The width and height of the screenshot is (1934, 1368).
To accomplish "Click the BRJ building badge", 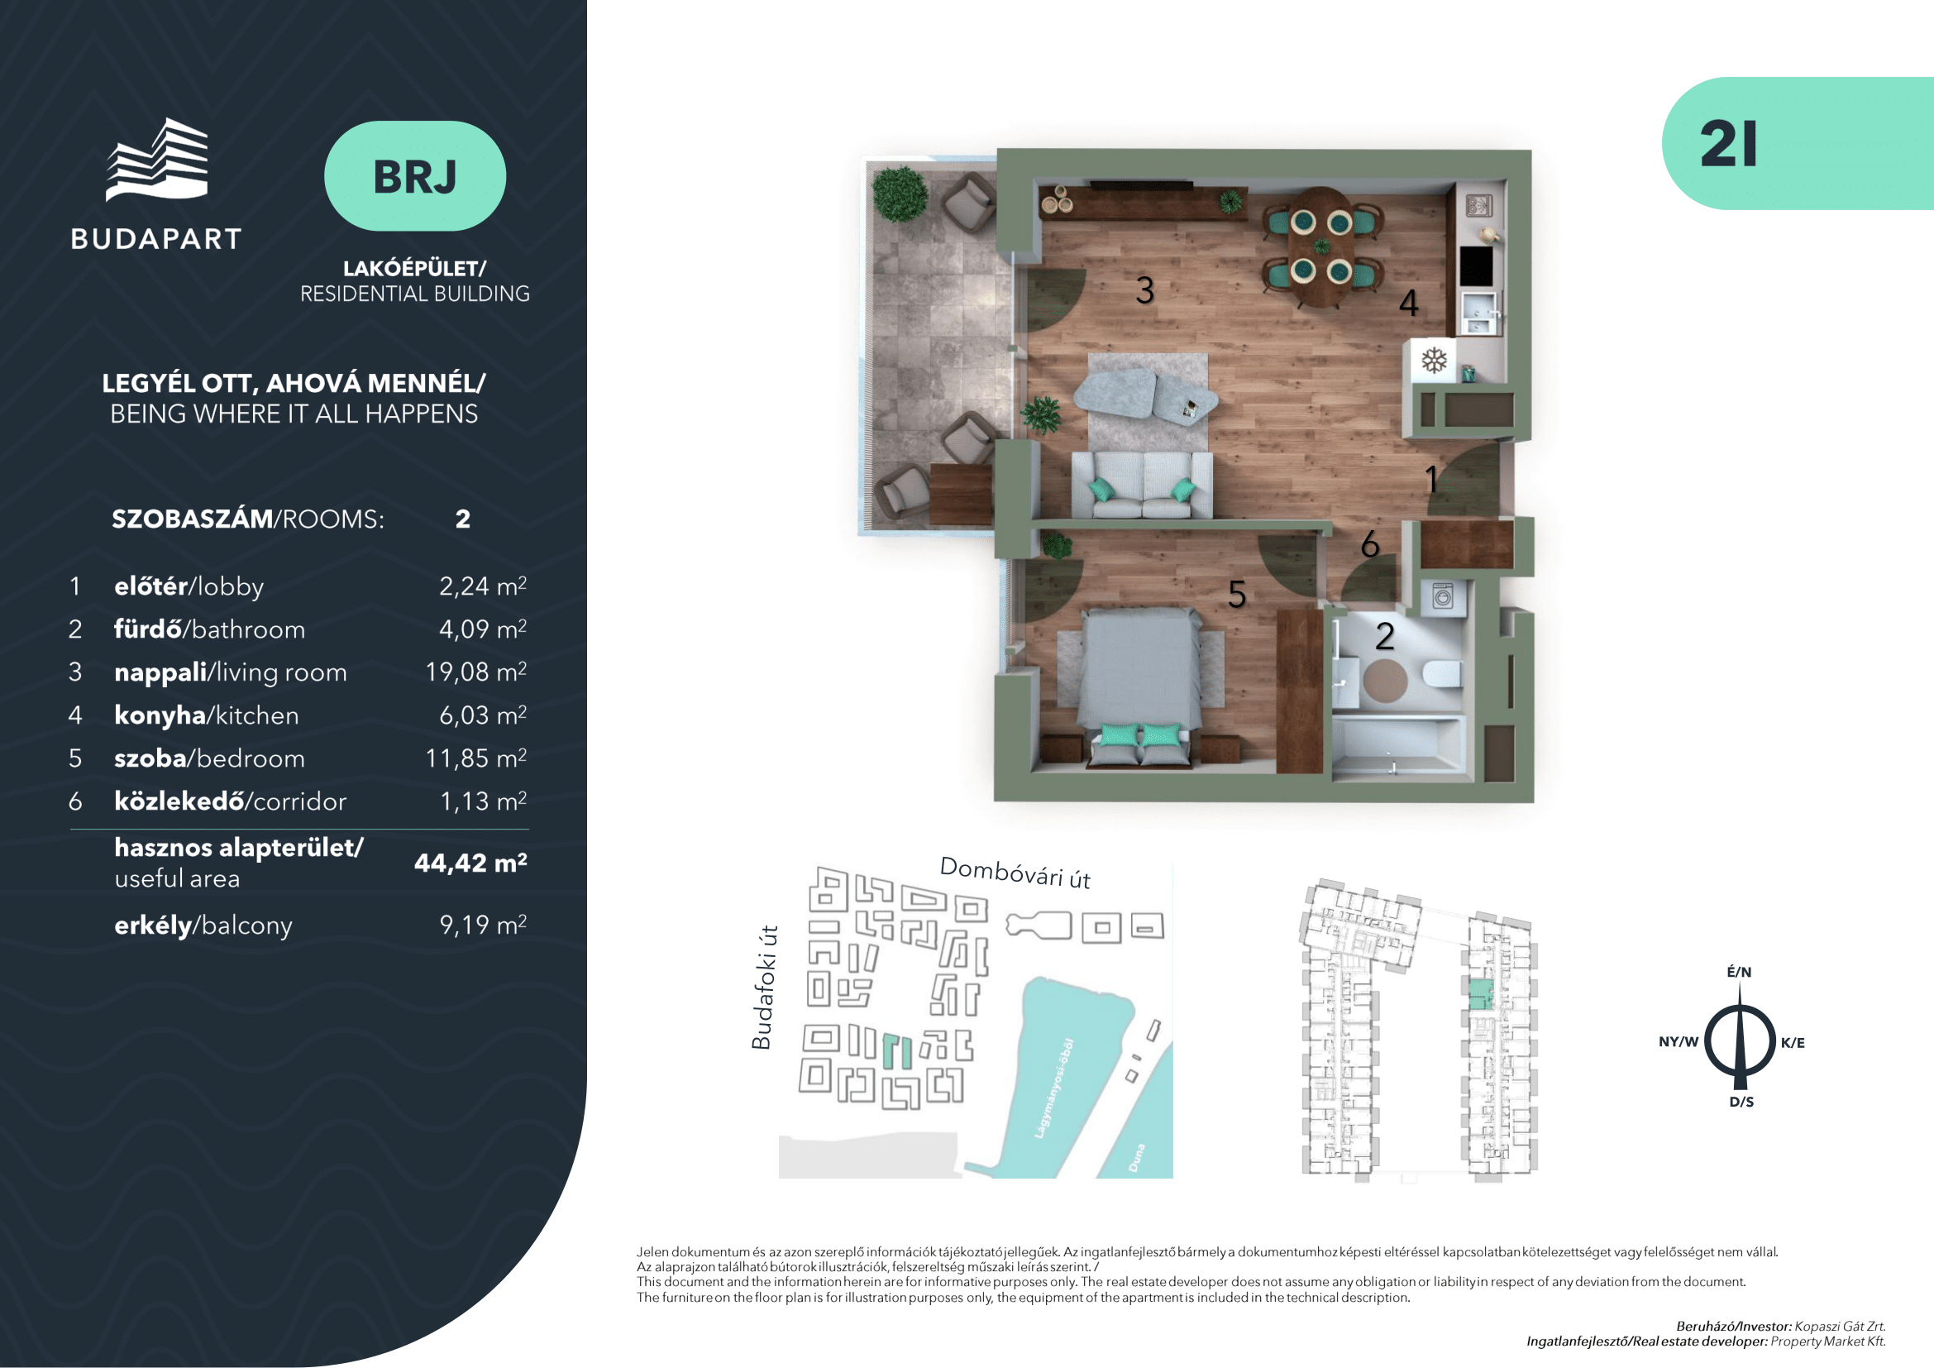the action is point(414,176).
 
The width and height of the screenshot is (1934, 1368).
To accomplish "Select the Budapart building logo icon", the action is point(156,159).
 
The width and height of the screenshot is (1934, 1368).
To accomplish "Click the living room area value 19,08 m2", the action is point(476,672).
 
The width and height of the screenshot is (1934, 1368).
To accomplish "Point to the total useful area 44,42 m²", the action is point(470,863).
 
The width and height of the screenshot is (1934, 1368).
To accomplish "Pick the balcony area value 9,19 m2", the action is point(484,924).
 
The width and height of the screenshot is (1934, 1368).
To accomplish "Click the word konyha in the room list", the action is point(160,715).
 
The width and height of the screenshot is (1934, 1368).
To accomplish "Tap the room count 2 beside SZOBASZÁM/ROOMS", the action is point(462,519).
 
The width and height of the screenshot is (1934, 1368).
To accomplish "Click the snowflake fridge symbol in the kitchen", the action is point(1434,361).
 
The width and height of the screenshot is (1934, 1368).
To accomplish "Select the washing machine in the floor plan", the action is point(1442,596).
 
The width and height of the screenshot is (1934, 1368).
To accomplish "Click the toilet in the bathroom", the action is point(1441,673).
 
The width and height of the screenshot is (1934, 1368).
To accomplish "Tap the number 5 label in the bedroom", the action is point(1236,595).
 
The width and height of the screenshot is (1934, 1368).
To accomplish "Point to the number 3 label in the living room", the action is point(1144,290).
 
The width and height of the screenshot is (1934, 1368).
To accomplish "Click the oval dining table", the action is point(1321,246).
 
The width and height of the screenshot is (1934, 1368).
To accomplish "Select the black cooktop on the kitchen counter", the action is point(1476,265).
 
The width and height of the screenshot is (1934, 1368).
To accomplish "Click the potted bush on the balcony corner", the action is point(900,193).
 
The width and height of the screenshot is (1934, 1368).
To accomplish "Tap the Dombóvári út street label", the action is point(1015,873).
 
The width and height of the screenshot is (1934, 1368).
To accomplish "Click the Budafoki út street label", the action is point(762,988).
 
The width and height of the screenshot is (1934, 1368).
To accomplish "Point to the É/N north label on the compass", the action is point(1740,972).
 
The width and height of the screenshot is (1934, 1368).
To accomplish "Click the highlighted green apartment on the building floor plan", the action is point(1481,995).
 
